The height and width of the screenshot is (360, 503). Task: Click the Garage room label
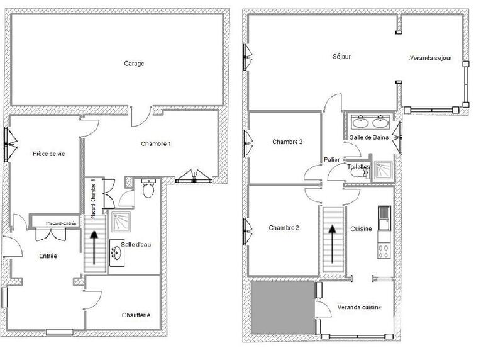click(134, 64)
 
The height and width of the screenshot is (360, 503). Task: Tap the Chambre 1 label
click(156, 144)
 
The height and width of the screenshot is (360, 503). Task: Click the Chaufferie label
click(136, 315)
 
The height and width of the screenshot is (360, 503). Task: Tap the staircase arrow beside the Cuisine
click(332, 240)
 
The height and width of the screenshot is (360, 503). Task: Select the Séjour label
click(341, 57)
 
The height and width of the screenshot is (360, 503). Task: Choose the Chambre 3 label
click(287, 142)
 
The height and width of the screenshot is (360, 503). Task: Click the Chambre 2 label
click(284, 228)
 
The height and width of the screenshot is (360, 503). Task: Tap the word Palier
click(332, 160)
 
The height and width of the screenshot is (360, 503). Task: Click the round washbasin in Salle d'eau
click(117, 253)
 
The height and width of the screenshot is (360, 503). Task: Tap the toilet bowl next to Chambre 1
click(148, 189)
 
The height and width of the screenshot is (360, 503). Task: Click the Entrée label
click(48, 256)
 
